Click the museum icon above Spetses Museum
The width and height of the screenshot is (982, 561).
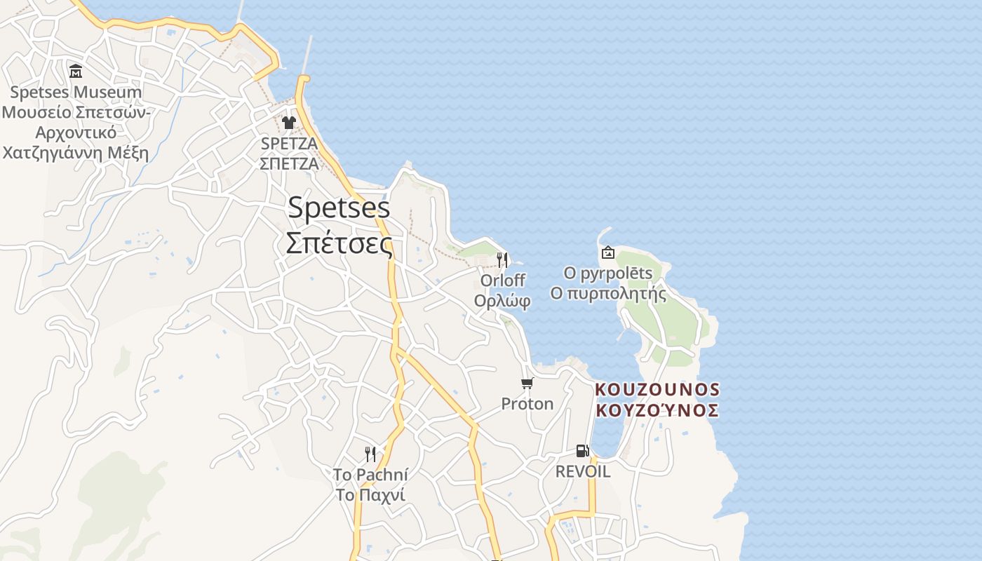pos(76,71)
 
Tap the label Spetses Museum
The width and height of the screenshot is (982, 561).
pos(76,92)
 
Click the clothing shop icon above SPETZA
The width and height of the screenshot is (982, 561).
pos(289,123)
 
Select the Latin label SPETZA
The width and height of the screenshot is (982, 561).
pos(289,143)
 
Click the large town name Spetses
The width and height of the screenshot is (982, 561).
pos(339,208)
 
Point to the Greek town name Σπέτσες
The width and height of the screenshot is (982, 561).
pos(339,243)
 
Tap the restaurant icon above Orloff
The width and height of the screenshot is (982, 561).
pos(502,260)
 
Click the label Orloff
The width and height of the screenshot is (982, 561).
pos(502,280)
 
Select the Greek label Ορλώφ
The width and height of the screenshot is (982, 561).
pos(502,301)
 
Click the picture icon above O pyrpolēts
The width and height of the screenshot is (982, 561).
pos(608,252)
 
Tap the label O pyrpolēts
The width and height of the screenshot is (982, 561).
pos(608,273)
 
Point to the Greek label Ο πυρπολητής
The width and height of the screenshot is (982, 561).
pos(608,293)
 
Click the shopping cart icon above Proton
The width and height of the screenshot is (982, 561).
pos(527,383)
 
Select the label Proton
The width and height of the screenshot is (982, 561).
pos(527,404)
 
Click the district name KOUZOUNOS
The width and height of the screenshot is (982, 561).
pos(657,389)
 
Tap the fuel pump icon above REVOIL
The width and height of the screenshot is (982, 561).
pos(582,451)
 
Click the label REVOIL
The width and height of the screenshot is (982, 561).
pos(583,471)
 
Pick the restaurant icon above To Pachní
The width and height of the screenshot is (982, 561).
pos(370,454)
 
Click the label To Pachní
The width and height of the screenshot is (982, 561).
pos(370,475)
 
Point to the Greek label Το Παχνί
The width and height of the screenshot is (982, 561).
pos(370,495)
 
